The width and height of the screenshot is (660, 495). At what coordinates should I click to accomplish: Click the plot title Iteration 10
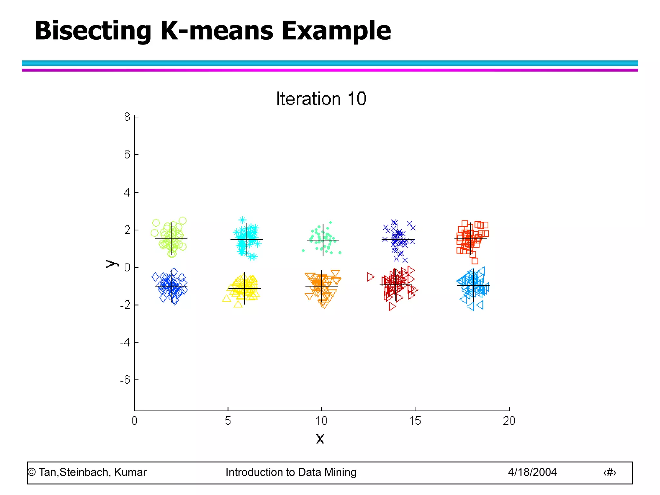point(321,99)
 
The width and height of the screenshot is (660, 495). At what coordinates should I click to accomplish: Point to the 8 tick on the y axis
point(127,117)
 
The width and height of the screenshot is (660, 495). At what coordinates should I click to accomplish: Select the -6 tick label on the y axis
point(125,380)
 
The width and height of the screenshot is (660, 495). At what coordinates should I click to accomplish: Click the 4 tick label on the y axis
point(127,193)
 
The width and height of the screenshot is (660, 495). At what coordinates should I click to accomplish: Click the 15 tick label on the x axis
point(415,421)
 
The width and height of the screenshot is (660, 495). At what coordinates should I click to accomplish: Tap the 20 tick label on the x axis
point(509,421)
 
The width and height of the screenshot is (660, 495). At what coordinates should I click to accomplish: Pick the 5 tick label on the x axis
point(228,421)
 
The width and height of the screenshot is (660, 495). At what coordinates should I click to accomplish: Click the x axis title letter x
point(320,439)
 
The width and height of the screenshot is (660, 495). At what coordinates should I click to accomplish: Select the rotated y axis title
point(112,264)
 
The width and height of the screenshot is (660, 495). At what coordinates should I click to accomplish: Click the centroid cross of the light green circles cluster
point(171,239)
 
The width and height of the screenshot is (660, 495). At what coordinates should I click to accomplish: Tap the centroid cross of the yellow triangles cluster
point(245,288)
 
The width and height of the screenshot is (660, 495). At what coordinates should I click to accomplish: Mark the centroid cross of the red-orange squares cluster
point(471,238)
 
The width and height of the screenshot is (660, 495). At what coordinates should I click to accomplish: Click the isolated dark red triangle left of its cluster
point(371,277)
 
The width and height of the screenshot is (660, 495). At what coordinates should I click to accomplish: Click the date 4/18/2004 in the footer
point(532,472)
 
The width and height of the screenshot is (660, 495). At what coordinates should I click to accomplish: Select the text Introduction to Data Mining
point(291,472)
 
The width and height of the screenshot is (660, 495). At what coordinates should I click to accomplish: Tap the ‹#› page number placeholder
point(609,472)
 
